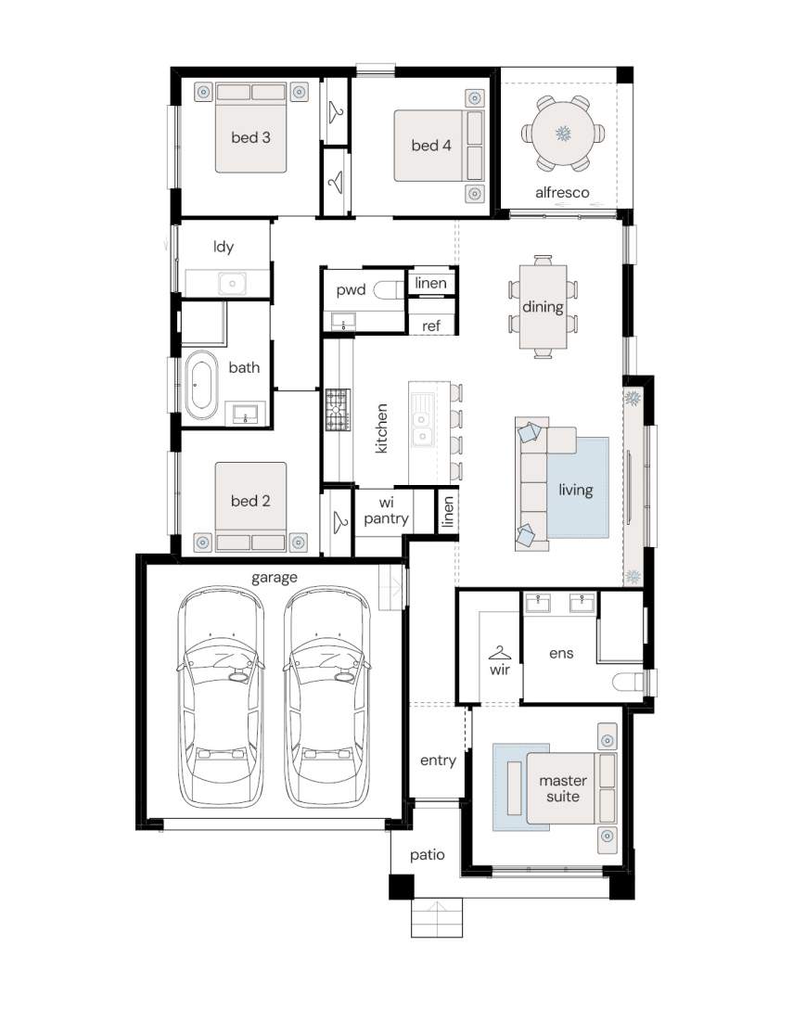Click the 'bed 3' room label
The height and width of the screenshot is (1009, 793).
(250, 137)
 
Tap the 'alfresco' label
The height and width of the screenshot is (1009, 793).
(562, 192)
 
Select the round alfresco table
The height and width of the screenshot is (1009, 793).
(563, 134)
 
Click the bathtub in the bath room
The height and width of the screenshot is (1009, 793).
(201, 385)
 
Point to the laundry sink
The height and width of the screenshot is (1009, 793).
(232, 283)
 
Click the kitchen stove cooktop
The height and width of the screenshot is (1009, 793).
(338, 410)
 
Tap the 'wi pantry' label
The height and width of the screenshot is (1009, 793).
(386, 510)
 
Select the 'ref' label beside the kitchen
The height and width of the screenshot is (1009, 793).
(430, 326)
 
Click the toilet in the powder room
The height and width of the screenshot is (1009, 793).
(388, 290)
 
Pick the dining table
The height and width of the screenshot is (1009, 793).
(544, 307)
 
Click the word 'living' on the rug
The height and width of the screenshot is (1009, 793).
(575, 490)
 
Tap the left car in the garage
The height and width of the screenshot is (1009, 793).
(221, 696)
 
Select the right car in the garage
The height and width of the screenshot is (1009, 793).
(327, 696)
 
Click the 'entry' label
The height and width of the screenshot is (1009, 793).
(438, 760)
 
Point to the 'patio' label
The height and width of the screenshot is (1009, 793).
(428, 855)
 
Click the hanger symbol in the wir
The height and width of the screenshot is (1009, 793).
(500, 654)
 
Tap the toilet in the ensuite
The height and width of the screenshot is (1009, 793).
(628, 681)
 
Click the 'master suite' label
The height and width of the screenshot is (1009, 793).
(563, 788)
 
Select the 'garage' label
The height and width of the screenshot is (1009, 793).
(275, 578)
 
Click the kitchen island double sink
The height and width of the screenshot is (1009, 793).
(422, 420)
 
